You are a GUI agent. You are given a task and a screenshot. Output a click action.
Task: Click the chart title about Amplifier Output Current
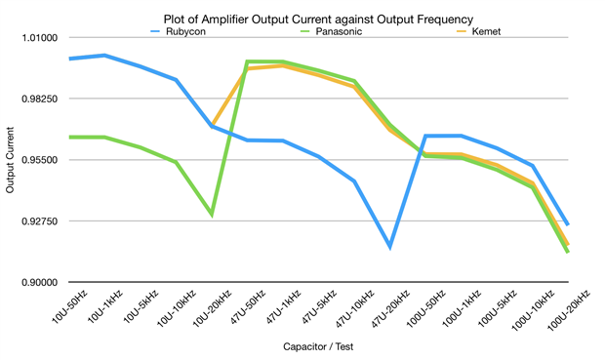point(318,19)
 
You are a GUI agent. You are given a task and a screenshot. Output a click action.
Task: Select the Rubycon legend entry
point(179,31)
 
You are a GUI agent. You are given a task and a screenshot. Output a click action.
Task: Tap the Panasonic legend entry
point(332,31)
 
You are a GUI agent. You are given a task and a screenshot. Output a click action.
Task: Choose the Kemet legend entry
point(479,31)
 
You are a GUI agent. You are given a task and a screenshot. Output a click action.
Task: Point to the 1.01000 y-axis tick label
point(40,38)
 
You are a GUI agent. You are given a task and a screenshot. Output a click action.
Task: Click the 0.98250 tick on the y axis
point(40,99)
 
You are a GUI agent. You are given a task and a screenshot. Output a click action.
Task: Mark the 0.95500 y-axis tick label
point(40,160)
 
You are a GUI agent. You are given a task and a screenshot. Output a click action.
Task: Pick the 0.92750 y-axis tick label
point(40,221)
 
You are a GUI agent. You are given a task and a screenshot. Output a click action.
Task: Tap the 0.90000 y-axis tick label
point(40,283)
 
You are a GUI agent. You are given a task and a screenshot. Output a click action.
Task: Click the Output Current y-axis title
point(10,160)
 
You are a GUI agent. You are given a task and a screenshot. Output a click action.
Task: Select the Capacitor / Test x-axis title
point(318,346)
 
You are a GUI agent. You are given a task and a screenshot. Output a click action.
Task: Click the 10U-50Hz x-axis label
point(69,306)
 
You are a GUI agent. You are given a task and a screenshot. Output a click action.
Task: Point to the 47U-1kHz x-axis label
point(284,307)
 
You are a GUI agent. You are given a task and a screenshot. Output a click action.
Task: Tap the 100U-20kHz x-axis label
point(569,310)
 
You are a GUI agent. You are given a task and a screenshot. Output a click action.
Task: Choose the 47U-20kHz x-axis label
point(390,308)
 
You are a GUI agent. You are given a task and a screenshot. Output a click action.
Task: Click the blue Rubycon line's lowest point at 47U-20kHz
point(390,246)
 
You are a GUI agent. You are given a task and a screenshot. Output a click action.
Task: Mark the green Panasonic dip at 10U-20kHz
point(212,215)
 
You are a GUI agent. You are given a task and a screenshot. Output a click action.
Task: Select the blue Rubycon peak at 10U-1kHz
point(104,56)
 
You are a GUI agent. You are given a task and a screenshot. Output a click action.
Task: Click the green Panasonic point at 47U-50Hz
point(247,61)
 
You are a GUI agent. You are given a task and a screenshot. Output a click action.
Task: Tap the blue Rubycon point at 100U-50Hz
point(425,136)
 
